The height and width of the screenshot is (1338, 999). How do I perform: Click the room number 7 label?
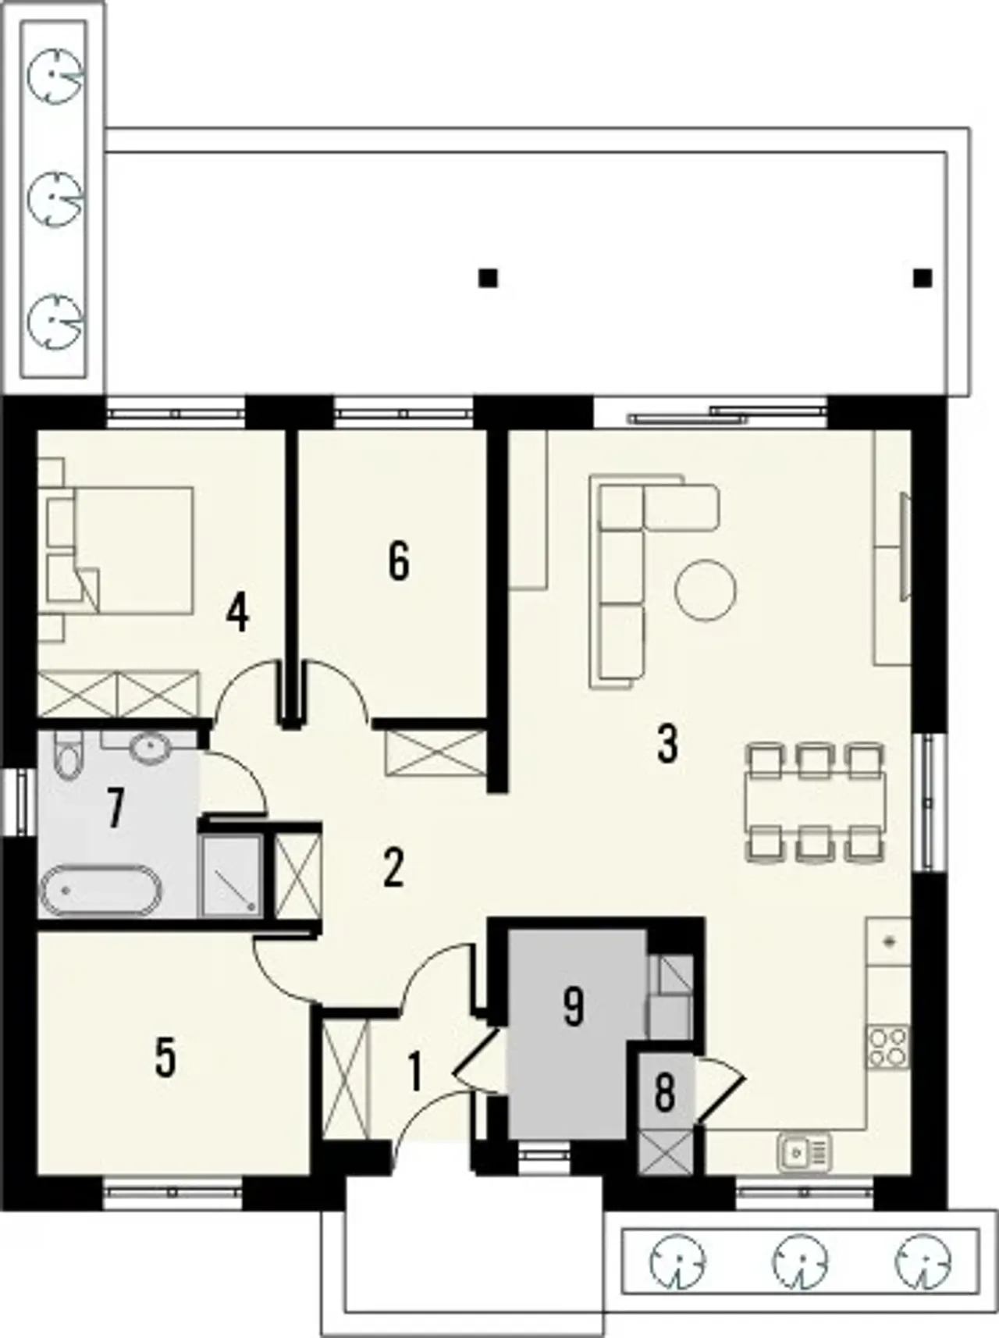pyautogui.click(x=116, y=808)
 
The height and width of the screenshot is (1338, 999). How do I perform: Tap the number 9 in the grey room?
pyautogui.click(x=573, y=1007)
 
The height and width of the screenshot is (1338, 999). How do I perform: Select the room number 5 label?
pyautogui.click(x=165, y=1058)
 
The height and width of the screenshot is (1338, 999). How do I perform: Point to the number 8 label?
pyautogui.click(x=664, y=1093)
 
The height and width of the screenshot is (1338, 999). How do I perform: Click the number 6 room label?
pyautogui.click(x=398, y=561)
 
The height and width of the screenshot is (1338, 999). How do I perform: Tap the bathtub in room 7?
pyautogui.click(x=101, y=890)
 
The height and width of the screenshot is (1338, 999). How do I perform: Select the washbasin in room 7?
pyautogui.click(x=148, y=748)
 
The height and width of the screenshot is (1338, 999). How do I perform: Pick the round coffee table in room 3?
pyautogui.click(x=706, y=590)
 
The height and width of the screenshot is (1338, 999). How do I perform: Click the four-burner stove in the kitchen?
pyautogui.click(x=889, y=1048)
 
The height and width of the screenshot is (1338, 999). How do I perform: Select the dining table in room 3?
pyautogui.click(x=816, y=802)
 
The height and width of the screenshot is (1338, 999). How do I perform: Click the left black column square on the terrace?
pyautogui.click(x=489, y=277)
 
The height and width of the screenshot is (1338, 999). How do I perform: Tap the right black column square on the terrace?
pyautogui.click(x=923, y=277)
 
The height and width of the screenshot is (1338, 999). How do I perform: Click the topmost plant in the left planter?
pyautogui.click(x=55, y=74)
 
